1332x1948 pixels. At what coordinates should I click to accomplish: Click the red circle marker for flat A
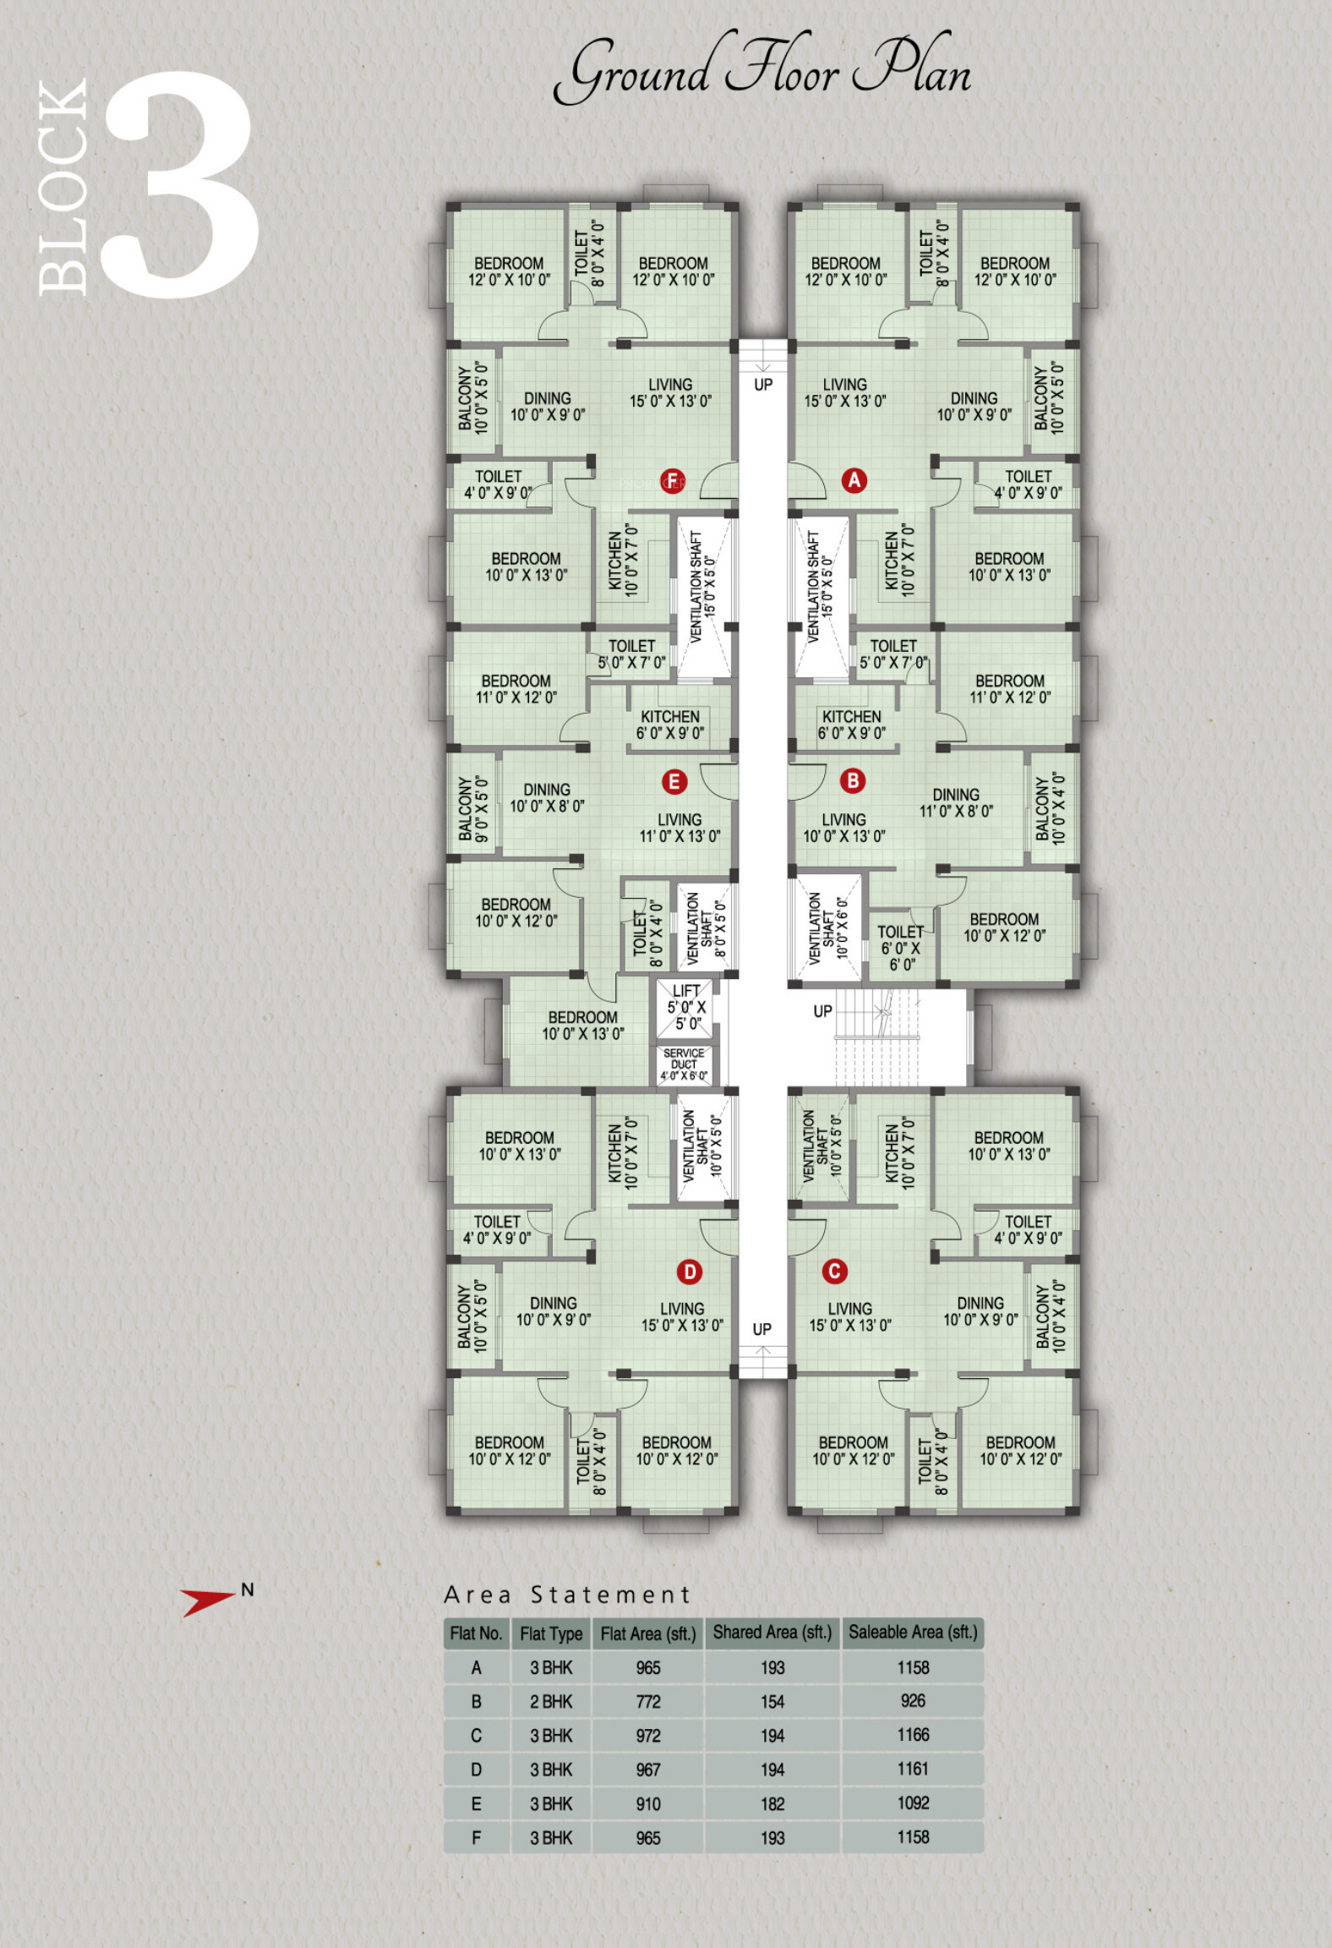pyautogui.click(x=854, y=480)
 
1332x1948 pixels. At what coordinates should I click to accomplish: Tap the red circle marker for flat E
pyautogui.click(x=674, y=781)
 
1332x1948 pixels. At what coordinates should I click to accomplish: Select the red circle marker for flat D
pyautogui.click(x=690, y=1271)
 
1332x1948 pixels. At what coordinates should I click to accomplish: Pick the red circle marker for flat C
pyautogui.click(x=834, y=1270)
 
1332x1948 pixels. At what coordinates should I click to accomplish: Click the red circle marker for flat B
pyautogui.click(x=853, y=780)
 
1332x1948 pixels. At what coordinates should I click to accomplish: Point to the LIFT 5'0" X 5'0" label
pyautogui.click(x=686, y=1007)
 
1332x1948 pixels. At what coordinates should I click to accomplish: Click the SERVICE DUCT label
pyautogui.click(x=684, y=1064)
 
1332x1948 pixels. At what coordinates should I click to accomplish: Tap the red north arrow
pyautogui.click(x=206, y=1600)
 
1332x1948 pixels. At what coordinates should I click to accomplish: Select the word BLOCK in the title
pyautogui.click(x=63, y=188)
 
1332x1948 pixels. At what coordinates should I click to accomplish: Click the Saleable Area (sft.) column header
pyautogui.click(x=913, y=1633)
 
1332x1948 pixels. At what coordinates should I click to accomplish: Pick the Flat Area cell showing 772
pyautogui.click(x=648, y=1701)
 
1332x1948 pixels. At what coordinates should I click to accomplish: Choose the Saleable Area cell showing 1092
pyautogui.click(x=913, y=1803)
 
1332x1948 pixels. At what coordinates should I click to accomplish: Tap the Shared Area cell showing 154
pyautogui.click(x=772, y=1701)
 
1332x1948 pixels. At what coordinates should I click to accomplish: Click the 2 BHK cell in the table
pyautogui.click(x=551, y=1701)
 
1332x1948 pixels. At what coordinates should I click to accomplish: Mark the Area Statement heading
pyautogui.click(x=568, y=1595)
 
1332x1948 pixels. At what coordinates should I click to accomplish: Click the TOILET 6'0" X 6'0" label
pyautogui.click(x=901, y=948)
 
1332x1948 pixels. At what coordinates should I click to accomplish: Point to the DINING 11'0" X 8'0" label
pyautogui.click(x=956, y=802)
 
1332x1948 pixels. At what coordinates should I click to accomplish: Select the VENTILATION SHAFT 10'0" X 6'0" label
pyautogui.click(x=827, y=927)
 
